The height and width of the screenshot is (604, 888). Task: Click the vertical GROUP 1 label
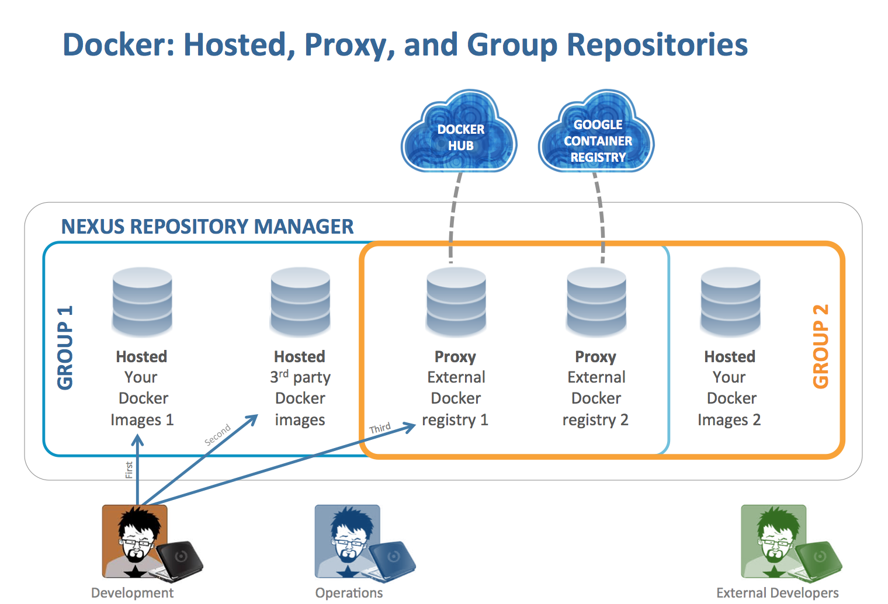point(65,347)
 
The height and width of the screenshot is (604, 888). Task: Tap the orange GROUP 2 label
point(821,346)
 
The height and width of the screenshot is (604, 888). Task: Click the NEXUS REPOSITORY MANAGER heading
point(207,227)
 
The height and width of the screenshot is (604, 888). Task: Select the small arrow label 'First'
point(129,470)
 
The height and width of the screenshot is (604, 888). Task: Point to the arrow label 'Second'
point(217,435)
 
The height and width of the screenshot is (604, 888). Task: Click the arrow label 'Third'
point(380,428)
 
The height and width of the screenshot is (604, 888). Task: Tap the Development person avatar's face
point(136,534)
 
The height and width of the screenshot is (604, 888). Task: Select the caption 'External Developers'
point(777,593)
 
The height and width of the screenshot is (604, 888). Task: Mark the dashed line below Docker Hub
point(453,216)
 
